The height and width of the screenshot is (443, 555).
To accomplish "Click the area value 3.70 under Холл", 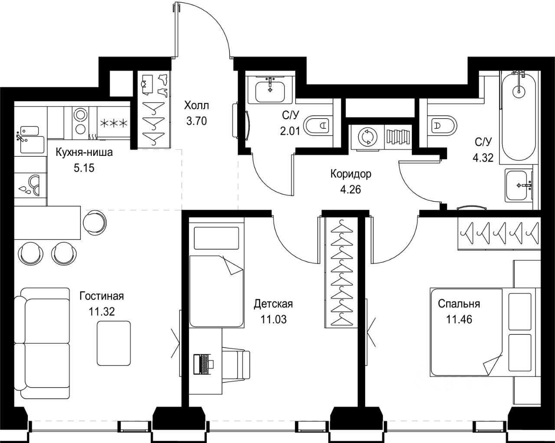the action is (x=196, y=121).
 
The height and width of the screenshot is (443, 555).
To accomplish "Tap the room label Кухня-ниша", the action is (x=84, y=152).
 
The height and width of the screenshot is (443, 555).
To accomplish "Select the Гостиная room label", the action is (x=101, y=296).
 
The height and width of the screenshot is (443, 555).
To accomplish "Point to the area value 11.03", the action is (x=273, y=320).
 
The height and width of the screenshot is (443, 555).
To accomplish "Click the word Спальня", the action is (x=459, y=304).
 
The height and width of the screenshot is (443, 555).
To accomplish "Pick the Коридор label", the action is (x=351, y=174).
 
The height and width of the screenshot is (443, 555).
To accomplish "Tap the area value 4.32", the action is (x=483, y=158).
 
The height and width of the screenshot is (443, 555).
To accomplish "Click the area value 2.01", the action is (x=291, y=131).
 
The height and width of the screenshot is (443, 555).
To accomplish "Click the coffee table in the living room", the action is (x=114, y=343).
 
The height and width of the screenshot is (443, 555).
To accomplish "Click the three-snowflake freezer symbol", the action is (x=114, y=123).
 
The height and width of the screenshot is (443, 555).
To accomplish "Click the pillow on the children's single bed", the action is (x=216, y=238).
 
